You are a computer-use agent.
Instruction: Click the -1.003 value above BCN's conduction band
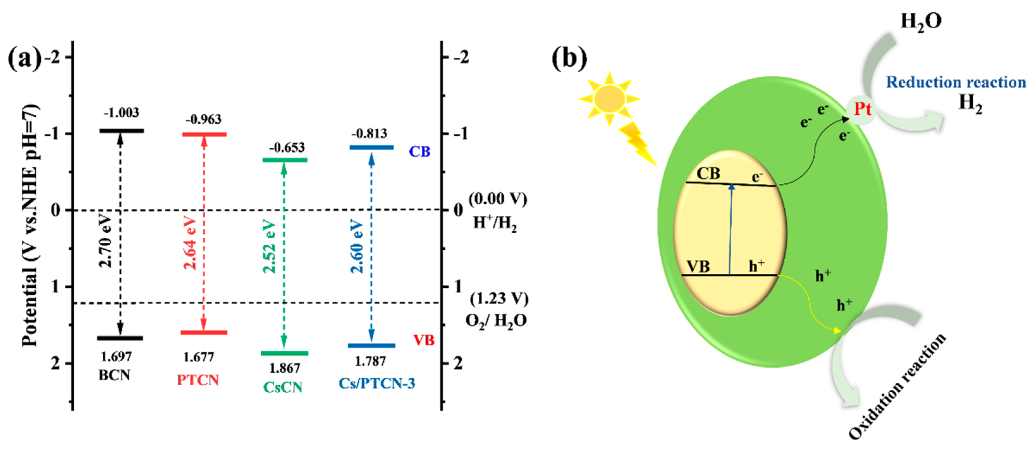tap(121, 113)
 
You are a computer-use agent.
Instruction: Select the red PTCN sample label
tap(198, 380)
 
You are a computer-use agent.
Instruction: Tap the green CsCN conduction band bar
tap(285, 160)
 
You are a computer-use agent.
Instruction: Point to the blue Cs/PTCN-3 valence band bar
tap(372, 346)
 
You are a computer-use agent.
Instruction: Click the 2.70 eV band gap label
tap(106, 241)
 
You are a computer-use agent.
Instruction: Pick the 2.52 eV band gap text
tap(269, 247)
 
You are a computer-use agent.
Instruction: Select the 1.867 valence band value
tap(285, 368)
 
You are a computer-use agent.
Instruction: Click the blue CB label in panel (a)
tap(419, 151)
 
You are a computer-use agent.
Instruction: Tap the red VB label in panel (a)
tap(424, 340)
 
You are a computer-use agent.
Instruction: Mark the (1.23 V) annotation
tap(499, 299)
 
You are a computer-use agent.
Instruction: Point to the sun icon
tap(609, 98)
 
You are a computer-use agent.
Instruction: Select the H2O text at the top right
tap(921, 21)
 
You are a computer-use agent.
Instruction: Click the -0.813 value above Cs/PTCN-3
tap(369, 133)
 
